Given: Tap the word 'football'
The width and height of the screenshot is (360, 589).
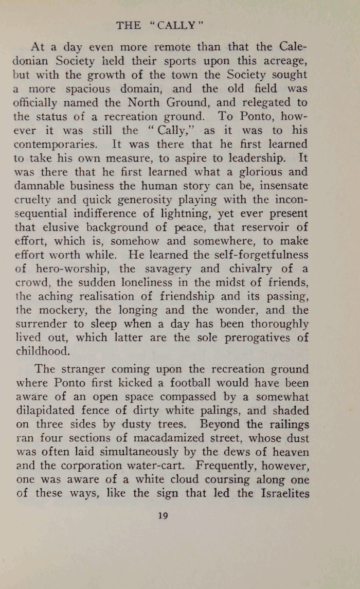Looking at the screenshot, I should (199, 383).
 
